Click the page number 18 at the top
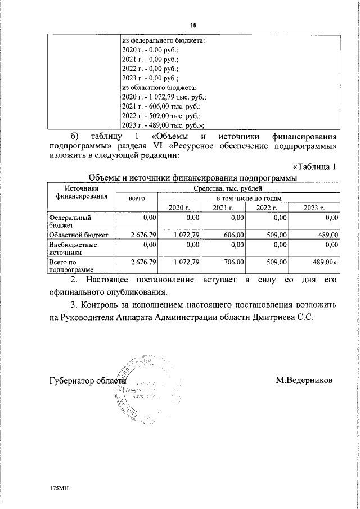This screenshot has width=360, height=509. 193,25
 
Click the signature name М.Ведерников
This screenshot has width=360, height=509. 304,380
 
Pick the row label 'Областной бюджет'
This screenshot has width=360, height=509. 78,234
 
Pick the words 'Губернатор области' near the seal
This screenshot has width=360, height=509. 87,380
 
